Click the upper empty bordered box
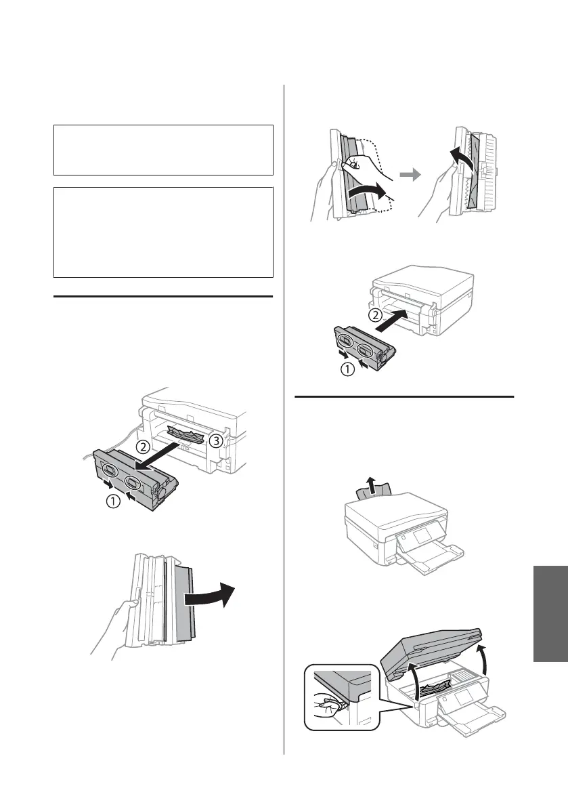pyautogui.click(x=163, y=150)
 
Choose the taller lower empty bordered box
pyautogui.click(x=163, y=232)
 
